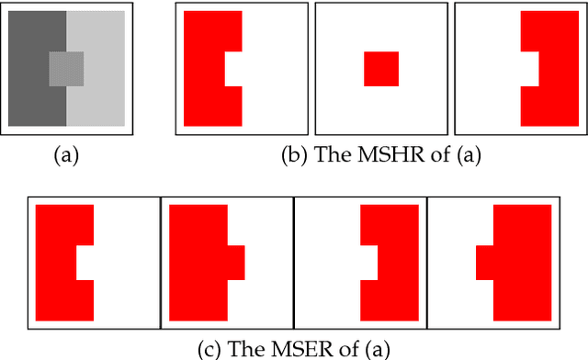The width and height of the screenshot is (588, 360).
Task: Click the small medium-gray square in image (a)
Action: coord(66,69)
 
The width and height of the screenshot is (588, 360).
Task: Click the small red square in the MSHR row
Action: coord(381,69)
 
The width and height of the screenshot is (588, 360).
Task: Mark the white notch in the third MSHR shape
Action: coord(529,69)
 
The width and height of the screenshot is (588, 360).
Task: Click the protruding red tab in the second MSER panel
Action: coord(236,262)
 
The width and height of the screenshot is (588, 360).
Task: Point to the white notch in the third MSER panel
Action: coord(368,262)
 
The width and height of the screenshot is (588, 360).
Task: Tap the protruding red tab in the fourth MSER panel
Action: coord(484,262)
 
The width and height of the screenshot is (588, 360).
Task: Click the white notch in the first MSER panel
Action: coord(85,262)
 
